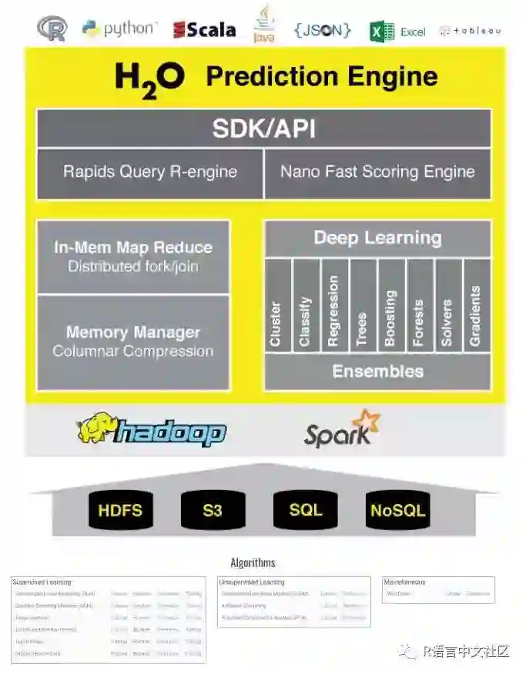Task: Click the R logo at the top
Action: (52, 28)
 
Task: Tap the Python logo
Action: (119, 29)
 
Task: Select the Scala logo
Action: (204, 29)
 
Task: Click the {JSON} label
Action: (322, 30)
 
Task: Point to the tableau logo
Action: (470, 31)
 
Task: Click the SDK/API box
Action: (263, 128)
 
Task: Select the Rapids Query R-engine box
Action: (150, 172)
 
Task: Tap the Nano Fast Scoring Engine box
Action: (377, 172)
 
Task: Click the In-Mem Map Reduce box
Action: (133, 256)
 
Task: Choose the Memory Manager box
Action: (133, 342)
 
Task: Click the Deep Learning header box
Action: (377, 238)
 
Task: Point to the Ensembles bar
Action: (377, 372)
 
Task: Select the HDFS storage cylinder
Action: (120, 510)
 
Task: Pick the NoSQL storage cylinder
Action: (397, 510)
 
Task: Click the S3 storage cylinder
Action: (213, 510)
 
